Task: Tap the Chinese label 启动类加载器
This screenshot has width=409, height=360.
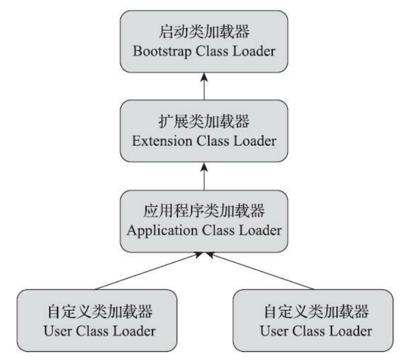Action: pos(204,33)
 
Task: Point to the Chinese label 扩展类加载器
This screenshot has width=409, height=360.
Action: pos(204,122)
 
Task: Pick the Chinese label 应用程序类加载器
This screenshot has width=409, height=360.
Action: pos(204,211)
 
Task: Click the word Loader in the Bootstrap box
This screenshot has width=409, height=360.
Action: pos(250,51)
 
